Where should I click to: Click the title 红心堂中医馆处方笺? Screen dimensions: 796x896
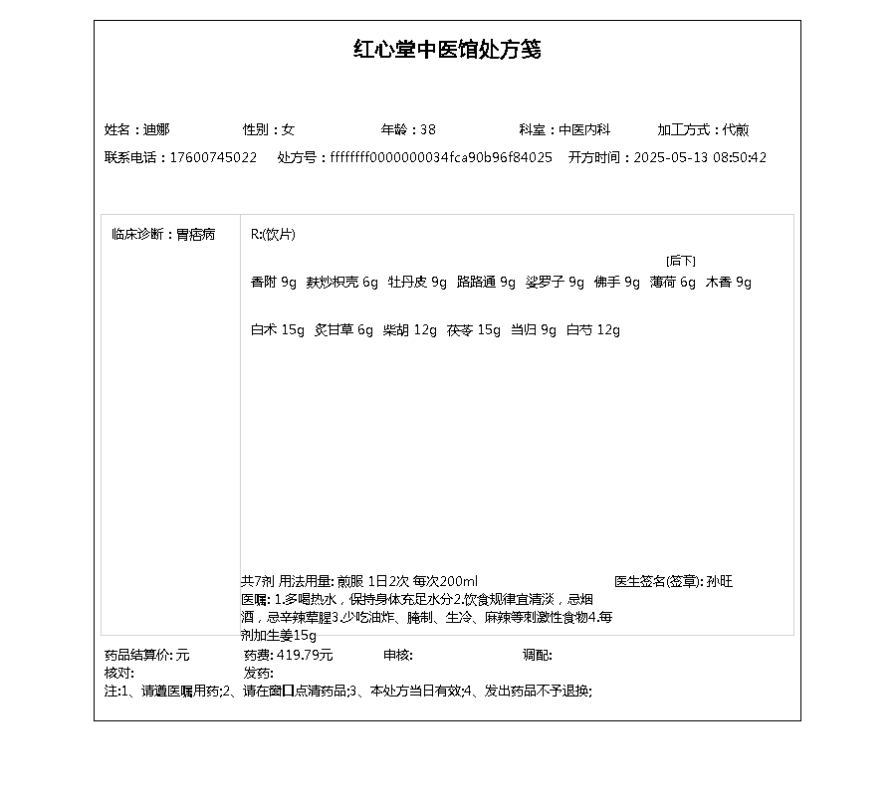[447, 50]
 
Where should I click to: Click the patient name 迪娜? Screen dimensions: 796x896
[156, 129]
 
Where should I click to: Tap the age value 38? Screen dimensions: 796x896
[428, 129]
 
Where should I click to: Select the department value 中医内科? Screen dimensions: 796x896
[583, 129]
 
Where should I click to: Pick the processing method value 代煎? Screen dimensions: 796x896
[737, 129]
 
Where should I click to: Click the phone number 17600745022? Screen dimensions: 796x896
[213, 157]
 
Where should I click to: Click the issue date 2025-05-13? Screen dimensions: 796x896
[670, 157]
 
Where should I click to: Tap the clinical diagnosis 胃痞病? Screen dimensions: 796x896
[196, 235]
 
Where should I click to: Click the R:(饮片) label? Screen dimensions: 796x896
[273, 235]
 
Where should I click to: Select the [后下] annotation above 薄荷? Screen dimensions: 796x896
[681, 261]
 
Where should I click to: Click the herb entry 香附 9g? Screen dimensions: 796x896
[274, 283]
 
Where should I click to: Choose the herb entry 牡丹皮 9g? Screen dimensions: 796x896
[417, 283]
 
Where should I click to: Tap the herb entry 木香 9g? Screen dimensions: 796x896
[729, 283]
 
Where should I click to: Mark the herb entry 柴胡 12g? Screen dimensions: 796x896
[410, 330]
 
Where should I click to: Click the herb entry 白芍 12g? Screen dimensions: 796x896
[593, 330]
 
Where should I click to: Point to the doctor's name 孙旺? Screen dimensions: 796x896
[720, 581]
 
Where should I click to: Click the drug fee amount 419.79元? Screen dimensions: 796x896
[305, 655]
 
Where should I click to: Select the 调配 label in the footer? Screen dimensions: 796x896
[537, 655]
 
